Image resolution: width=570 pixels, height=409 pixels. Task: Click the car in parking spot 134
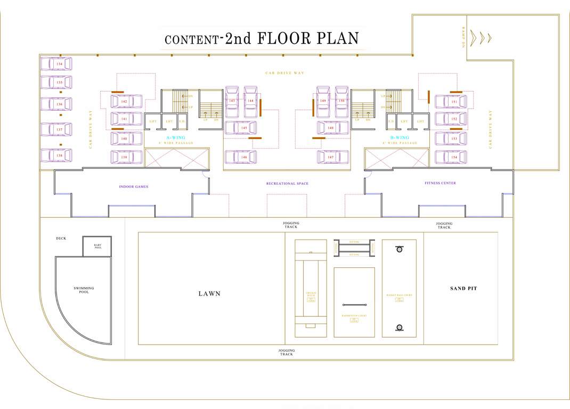[56, 64]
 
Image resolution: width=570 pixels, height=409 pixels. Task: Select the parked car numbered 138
[56, 156]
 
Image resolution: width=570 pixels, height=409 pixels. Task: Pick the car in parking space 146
[240, 157]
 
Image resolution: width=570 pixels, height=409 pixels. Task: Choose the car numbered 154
[451, 157]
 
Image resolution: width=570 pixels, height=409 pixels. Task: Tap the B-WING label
[399, 137]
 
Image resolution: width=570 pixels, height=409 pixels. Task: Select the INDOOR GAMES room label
[134, 187]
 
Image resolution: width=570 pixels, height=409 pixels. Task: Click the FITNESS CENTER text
[440, 183]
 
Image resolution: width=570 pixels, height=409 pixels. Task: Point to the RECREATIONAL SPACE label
[287, 184]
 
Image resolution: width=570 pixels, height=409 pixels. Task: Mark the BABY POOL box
[97, 246]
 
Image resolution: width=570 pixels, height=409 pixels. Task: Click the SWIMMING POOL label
[84, 290]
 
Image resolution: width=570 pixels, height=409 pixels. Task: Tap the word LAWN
[209, 293]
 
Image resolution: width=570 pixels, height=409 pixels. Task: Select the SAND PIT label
[463, 289]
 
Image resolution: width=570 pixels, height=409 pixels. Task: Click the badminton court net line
[354, 305]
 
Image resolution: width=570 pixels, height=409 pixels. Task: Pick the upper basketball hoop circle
[398, 249]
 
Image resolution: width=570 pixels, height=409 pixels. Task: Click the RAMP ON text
[463, 37]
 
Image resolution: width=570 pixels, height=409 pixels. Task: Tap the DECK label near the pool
[61, 239]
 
